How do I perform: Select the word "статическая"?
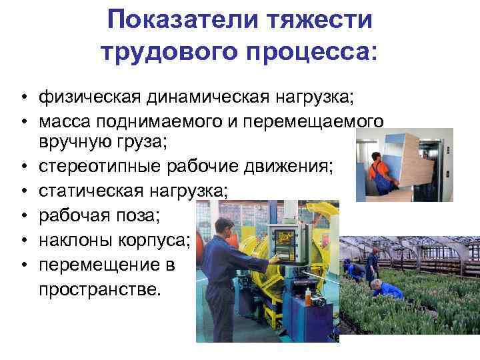[90, 192]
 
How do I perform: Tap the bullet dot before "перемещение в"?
[23, 265]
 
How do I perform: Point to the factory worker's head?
[224, 227]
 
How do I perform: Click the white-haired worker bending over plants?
[384, 289]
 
